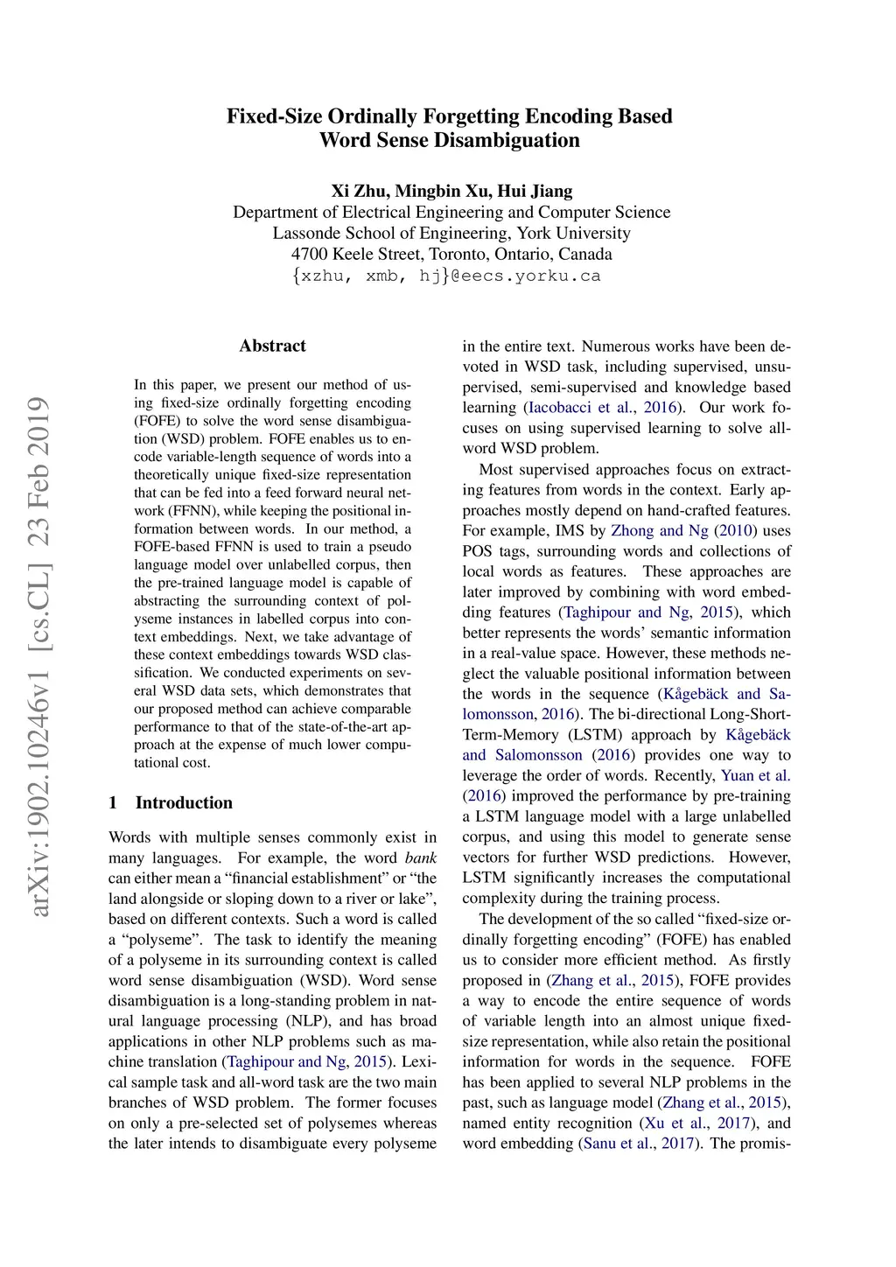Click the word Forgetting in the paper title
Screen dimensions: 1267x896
[x=471, y=116]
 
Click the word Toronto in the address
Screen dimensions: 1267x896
[x=458, y=254]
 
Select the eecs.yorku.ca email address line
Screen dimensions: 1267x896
[x=447, y=276]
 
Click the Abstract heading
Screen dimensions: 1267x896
[x=272, y=346]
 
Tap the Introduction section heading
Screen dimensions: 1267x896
[x=184, y=802]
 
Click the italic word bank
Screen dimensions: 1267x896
[x=421, y=857]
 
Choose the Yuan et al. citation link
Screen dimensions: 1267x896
[x=755, y=775]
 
